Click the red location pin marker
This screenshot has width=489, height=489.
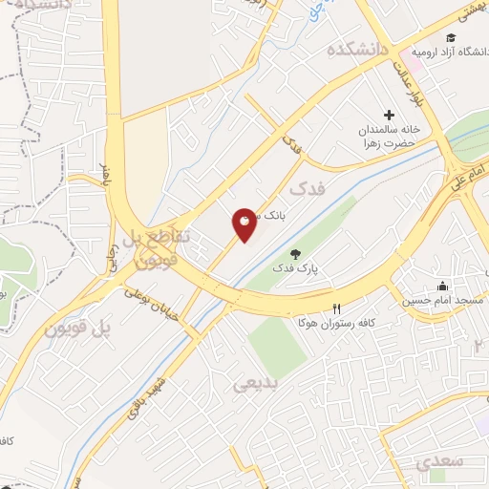pyautogui.click(x=244, y=224)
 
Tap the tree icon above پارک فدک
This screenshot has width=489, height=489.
pyautogui.click(x=294, y=254)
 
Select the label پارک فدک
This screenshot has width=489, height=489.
pyautogui.click(x=297, y=270)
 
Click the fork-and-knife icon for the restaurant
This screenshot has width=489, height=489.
pyautogui.click(x=335, y=309)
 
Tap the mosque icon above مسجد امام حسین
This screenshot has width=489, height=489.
pyautogui.click(x=441, y=285)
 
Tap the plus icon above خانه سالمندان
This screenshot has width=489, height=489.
pyautogui.click(x=389, y=115)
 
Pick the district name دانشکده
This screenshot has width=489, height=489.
pyautogui.click(x=358, y=50)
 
